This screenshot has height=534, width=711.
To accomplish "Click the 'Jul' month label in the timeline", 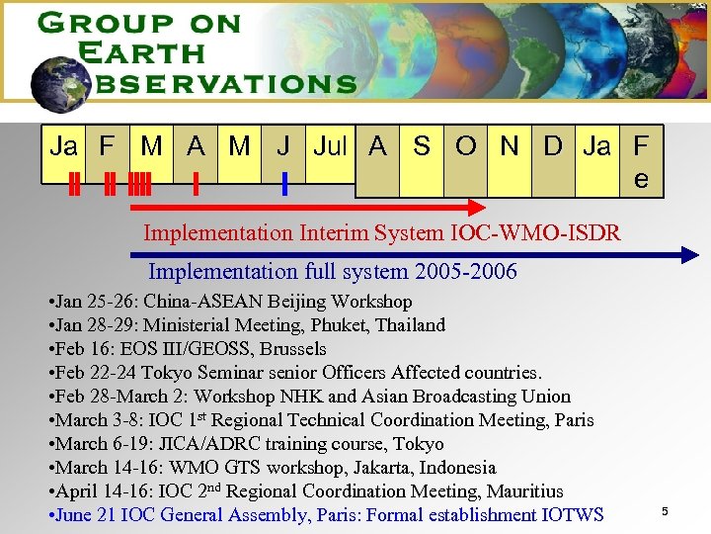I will (330, 147).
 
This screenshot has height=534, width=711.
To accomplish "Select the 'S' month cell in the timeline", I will (422, 147).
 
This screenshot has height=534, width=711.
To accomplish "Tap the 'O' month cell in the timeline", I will (465, 147).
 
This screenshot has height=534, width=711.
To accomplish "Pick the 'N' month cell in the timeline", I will (510, 147).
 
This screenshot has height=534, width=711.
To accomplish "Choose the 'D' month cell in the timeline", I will (553, 147).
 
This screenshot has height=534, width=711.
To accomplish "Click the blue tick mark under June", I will (284, 184).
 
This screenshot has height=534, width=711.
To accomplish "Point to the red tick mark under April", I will (197, 184).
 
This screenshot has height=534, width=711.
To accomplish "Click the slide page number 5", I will (665, 511).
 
